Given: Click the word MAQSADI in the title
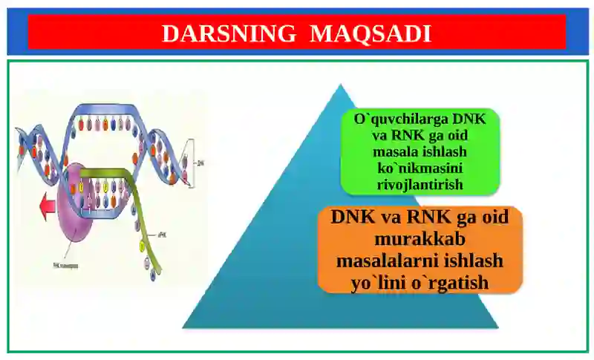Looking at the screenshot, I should coord(370,33).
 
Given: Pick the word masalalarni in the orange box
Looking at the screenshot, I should coord(396,262).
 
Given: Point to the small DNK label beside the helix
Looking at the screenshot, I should coord(200,161).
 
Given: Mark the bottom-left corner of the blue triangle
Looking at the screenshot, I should coord(183,327).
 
